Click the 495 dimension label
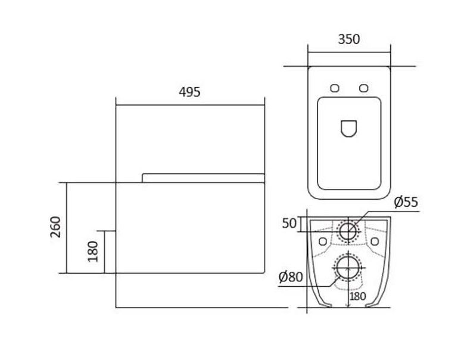coord(189,92)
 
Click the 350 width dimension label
coord(349,39)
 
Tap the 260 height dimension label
coord(55,227)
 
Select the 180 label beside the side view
coord(93,252)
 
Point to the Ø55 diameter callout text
coord(406,202)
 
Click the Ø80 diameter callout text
coord(291,277)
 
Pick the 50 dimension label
coord(289,223)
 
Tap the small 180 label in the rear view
coord(357,296)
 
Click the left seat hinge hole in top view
coord(335,88)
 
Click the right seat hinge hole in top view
coord(363,88)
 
